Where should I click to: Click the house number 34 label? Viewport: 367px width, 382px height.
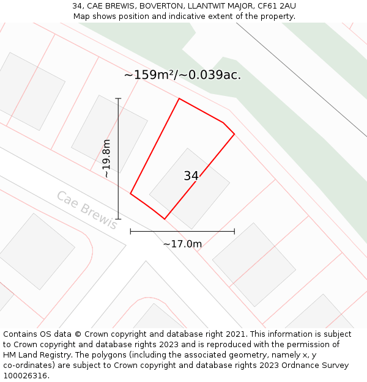(191, 176)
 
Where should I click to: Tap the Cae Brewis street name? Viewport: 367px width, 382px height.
(87, 210)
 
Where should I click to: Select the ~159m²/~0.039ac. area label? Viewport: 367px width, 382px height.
(182, 75)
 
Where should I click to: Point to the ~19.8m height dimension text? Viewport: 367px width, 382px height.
(107, 159)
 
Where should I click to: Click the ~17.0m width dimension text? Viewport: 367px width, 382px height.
(182, 244)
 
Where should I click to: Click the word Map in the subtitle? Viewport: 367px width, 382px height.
(83, 16)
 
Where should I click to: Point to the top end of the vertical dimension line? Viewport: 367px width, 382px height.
(118, 98)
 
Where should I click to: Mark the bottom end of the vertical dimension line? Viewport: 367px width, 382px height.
(118, 219)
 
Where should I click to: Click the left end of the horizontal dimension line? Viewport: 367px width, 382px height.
(130, 232)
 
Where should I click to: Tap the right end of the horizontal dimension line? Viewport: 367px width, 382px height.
(234, 232)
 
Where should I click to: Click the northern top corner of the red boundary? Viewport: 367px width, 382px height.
(179, 98)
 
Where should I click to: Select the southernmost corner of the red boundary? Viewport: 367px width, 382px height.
(165, 219)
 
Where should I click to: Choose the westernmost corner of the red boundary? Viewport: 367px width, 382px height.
(130, 194)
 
